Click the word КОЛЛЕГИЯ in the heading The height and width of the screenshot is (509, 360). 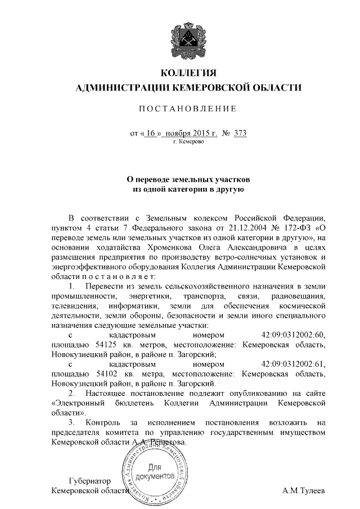click(188, 73)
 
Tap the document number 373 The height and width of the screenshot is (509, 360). click(240, 133)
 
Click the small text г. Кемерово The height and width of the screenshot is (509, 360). click(188, 142)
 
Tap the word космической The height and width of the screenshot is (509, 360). click(303, 306)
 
